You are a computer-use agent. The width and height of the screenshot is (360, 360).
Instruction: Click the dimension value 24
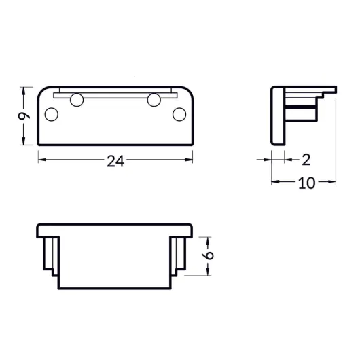[115, 161]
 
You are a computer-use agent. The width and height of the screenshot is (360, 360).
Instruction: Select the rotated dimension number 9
[24, 115]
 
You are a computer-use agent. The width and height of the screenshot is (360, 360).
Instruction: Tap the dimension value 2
[306, 160]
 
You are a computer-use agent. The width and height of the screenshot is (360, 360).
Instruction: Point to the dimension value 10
[306, 183]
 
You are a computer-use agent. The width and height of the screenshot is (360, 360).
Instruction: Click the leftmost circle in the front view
[51, 113]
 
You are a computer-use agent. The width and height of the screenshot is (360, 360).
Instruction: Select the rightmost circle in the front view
[179, 114]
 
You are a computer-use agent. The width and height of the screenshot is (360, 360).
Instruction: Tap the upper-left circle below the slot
[76, 101]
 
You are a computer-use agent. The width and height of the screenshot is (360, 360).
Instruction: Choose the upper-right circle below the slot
[154, 101]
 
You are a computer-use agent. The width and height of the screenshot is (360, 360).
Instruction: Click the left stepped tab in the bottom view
[50, 255]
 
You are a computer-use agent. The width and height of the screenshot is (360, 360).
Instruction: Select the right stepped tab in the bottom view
[181, 255]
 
